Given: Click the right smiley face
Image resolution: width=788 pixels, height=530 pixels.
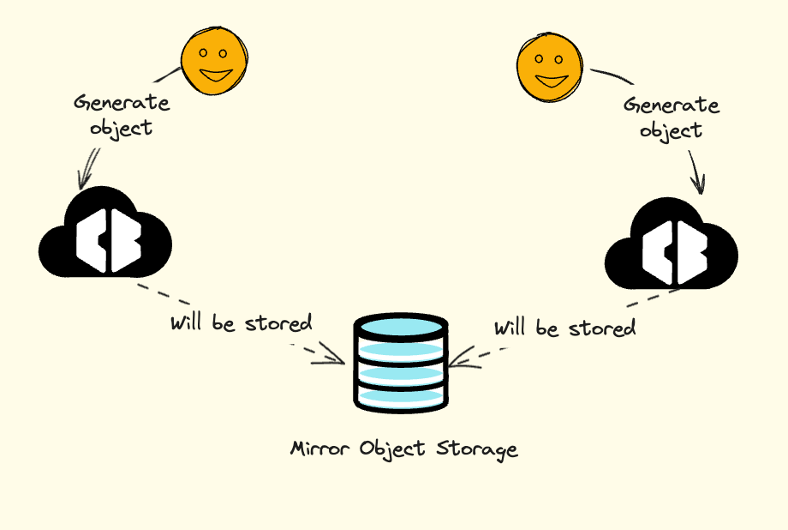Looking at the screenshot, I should coord(550,69).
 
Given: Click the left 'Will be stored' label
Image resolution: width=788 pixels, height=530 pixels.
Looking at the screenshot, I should coord(241,323).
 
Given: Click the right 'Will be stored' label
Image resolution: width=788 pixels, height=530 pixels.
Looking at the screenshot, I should coord(564,328).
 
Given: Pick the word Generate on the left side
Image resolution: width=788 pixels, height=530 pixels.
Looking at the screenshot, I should coord(122,102).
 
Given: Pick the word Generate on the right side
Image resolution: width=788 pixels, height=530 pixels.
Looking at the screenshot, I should coord(671,105).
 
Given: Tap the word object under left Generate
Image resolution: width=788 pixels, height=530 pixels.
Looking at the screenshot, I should coord(121,129).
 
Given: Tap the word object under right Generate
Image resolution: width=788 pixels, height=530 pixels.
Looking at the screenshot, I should coord(671,131).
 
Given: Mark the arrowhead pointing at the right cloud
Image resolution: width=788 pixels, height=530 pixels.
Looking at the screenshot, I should coord(698,185).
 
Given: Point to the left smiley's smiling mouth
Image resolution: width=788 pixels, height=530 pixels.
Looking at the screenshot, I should coord(216,75).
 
